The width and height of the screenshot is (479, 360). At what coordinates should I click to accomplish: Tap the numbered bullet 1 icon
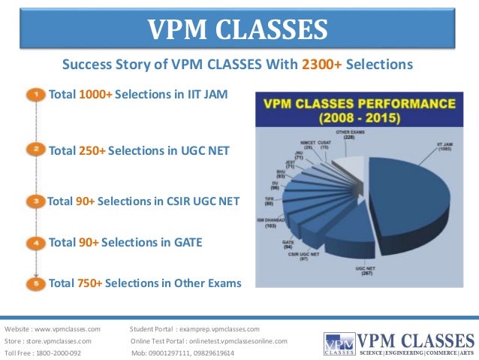click(x=35, y=95)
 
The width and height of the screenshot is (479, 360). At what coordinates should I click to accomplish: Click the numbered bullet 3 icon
click(x=35, y=201)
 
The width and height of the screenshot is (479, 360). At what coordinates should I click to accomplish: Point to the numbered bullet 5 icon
click(x=35, y=284)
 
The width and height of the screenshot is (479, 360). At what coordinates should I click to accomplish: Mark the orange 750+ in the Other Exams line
click(x=89, y=283)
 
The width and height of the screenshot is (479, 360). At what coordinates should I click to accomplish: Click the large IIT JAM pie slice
click(x=409, y=195)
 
